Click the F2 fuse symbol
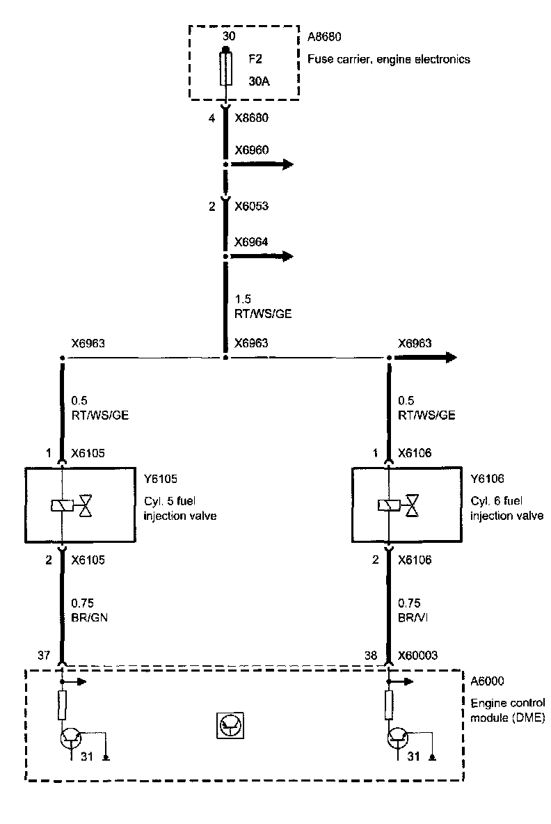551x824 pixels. point(225,68)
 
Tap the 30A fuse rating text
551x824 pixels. point(259,81)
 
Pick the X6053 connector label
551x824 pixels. point(251,206)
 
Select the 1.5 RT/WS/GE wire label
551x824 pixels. point(262,306)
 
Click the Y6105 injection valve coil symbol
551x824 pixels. point(63,506)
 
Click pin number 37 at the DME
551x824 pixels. point(43,655)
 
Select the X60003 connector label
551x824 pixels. point(417,655)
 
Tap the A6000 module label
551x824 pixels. point(488,681)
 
